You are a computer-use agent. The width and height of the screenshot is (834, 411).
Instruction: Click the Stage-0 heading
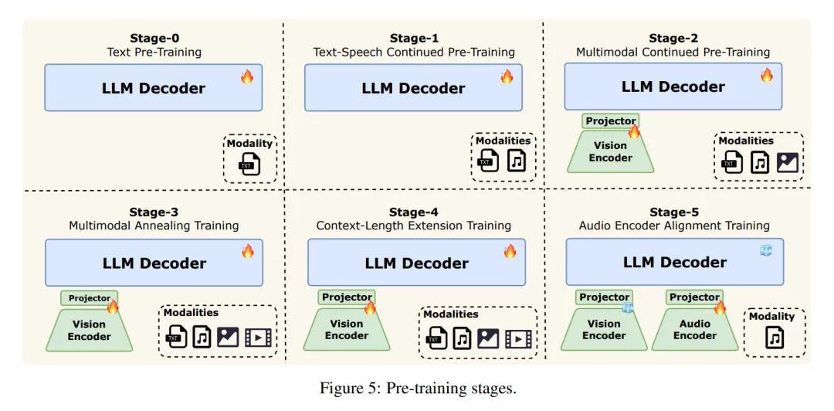(x=154, y=39)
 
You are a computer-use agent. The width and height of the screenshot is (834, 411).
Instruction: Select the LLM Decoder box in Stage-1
(x=413, y=87)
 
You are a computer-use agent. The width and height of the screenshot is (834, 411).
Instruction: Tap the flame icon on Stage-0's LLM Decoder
(x=247, y=76)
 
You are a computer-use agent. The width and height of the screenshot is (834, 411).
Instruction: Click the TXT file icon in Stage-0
(x=249, y=165)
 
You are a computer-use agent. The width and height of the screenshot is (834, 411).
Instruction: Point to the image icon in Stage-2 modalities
(x=787, y=162)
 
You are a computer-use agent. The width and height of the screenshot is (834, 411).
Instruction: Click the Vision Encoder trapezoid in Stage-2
(x=610, y=151)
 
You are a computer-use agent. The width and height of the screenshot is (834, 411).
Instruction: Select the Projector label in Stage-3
(x=90, y=298)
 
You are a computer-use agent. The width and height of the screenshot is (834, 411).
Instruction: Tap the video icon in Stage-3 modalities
(x=258, y=338)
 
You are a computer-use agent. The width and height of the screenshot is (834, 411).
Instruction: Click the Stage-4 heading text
(x=413, y=212)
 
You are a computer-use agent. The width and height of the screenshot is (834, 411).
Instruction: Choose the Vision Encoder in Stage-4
(x=346, y=330)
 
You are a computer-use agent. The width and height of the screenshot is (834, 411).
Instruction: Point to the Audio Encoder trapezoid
(x=694, y=330)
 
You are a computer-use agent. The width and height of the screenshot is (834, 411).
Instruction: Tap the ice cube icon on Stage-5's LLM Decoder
(x=765, y=250)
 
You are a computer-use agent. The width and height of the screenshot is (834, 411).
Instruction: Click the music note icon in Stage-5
(x=775, y=338)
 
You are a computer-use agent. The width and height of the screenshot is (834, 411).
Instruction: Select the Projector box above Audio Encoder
(x=694, y=297)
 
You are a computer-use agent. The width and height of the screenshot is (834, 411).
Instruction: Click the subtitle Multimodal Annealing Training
(x=154, y=226)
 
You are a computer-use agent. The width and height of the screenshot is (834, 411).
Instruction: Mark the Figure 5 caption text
(x=418, y=388)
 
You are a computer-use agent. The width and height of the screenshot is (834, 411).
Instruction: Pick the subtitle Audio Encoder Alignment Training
(x=674, y=226)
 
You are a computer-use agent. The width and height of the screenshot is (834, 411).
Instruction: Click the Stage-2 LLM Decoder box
(x=673, y=87)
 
